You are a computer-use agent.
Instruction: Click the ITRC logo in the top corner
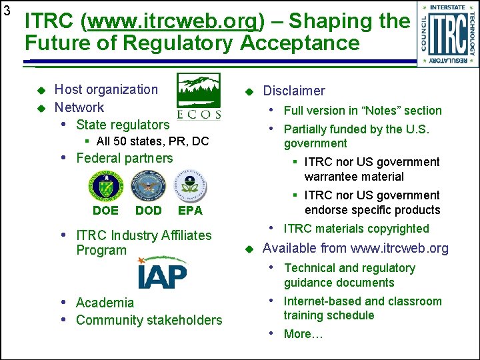448,33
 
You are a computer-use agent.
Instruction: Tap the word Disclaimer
294,91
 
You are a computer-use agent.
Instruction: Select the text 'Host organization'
106,89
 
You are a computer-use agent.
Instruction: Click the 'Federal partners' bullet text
124,158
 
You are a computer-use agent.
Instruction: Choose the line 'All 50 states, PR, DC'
153,141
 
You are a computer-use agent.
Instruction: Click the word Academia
105,303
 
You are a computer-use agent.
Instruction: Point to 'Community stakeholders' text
149,320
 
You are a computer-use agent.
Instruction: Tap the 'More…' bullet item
303,334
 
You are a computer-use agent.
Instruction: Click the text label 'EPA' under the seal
190,210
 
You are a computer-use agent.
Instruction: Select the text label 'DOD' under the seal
148,210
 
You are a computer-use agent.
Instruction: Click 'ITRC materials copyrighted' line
356,229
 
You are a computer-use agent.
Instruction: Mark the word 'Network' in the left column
79,107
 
